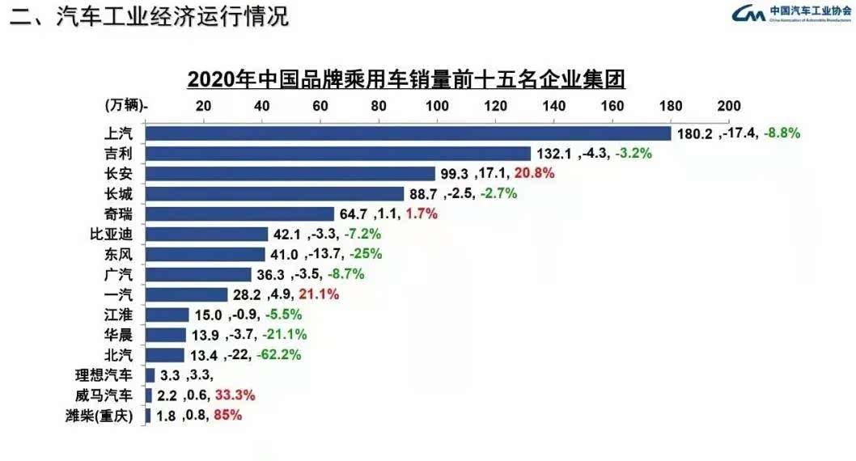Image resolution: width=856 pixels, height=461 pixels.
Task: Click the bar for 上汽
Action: click(x=409, y=133)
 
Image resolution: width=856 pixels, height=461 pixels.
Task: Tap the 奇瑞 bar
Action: click(x=240, y=214)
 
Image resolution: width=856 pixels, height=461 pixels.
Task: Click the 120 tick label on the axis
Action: click(x=495, y=106)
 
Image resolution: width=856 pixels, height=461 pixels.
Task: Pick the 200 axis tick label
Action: click(x=728, y=106)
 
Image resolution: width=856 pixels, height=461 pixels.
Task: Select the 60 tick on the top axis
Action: click(x=320, y=106)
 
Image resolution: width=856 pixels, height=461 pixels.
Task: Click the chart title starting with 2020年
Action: click(x=406, y=80)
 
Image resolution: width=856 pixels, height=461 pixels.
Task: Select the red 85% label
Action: click(x=227, y=416)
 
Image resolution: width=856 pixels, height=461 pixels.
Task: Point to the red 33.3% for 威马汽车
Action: click(x=235, y=395)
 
